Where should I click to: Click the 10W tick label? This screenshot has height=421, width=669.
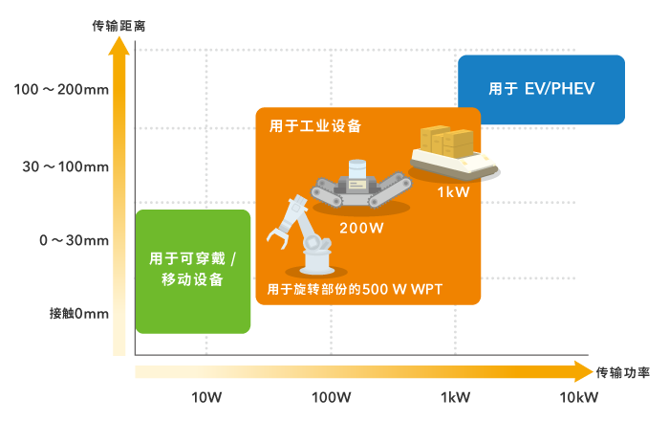click(207, 397)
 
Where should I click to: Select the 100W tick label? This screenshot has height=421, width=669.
click(332, 397)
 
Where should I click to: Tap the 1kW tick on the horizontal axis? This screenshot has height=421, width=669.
click(456, 397)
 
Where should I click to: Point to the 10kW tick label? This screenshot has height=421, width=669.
click(579, 397)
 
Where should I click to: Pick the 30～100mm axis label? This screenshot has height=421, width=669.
click(66, 166)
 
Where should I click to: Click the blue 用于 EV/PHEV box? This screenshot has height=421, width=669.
click(541, 90)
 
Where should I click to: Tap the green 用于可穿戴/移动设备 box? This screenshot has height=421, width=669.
click(193, 271)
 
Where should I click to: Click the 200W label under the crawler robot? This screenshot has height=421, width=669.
click(361, 229)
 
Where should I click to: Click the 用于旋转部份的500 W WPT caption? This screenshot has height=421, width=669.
click(361, 289)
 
